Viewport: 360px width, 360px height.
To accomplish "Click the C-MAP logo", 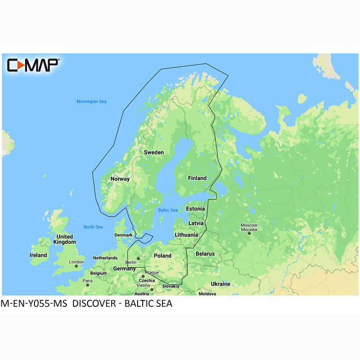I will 33,65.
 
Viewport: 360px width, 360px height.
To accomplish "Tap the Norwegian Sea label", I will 91,102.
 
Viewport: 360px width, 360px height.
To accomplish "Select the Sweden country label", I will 153,152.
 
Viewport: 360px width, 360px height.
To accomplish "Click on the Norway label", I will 120,179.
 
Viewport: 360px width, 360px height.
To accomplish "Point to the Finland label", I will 197,178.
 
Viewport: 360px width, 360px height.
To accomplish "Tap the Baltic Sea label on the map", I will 168,210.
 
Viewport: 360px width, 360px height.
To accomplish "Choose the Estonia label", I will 195,209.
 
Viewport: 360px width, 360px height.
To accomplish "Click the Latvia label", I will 196,223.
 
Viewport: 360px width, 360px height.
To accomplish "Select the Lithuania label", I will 186,235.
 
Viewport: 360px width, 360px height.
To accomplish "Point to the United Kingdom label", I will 64,240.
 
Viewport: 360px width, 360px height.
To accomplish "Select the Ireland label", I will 38,255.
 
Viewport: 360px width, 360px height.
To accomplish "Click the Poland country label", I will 162,256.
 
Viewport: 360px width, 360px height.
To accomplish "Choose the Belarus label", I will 205,254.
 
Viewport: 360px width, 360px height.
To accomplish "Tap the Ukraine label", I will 220,284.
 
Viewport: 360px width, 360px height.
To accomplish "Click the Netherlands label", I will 105,258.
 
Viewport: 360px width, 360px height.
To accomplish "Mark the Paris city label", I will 87,281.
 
